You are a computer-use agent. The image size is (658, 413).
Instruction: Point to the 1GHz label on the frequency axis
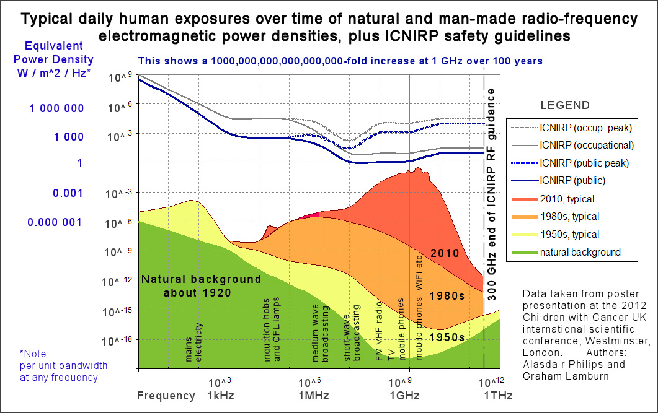(x=405, y=396)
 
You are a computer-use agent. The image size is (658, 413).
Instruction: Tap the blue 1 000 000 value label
(x=57, y=108)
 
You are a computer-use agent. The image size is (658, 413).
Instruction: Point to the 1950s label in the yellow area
(x=448, y=337)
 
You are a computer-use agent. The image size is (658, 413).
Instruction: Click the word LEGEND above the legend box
(x=565, y=105)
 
